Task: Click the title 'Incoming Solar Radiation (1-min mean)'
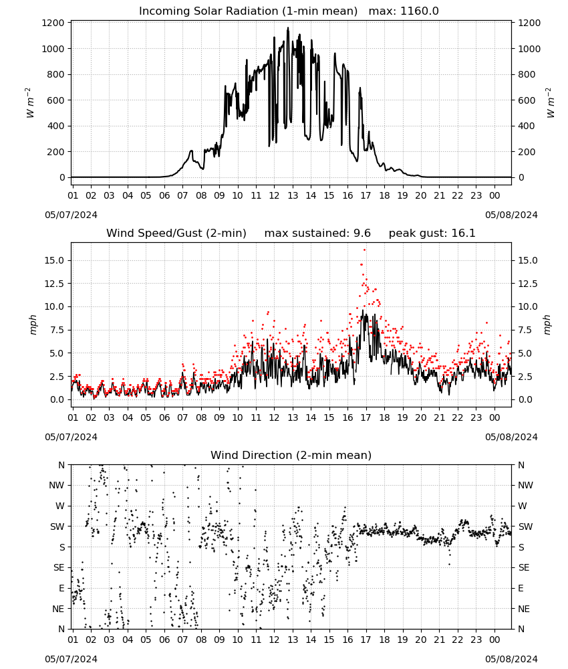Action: (248, 11)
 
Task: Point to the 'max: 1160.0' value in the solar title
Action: (404, 11)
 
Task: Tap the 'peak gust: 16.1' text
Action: (432, 233)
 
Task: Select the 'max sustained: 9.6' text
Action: (317, 233)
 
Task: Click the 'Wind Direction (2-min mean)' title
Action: (291, 455)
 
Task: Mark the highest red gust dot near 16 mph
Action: (364, 250)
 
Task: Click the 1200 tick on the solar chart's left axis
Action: (53, 23)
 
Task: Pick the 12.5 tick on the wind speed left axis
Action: (54, 284)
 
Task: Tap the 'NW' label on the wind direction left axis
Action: (57, 485)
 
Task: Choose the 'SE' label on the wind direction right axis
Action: (524, 567)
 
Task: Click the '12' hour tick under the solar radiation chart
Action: (274, 195)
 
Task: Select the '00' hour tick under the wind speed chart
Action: (494, 417)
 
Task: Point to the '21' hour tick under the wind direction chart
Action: (439, 640)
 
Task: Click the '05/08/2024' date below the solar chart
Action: (511, 215)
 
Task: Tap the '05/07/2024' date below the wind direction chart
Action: (71, 659)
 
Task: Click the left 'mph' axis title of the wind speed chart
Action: (33, 324)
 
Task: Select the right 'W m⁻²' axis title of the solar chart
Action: (550, 103)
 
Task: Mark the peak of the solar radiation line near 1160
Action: (288, 28)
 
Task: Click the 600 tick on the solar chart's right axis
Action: (527, 100)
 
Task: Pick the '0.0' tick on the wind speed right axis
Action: (525, 400)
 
